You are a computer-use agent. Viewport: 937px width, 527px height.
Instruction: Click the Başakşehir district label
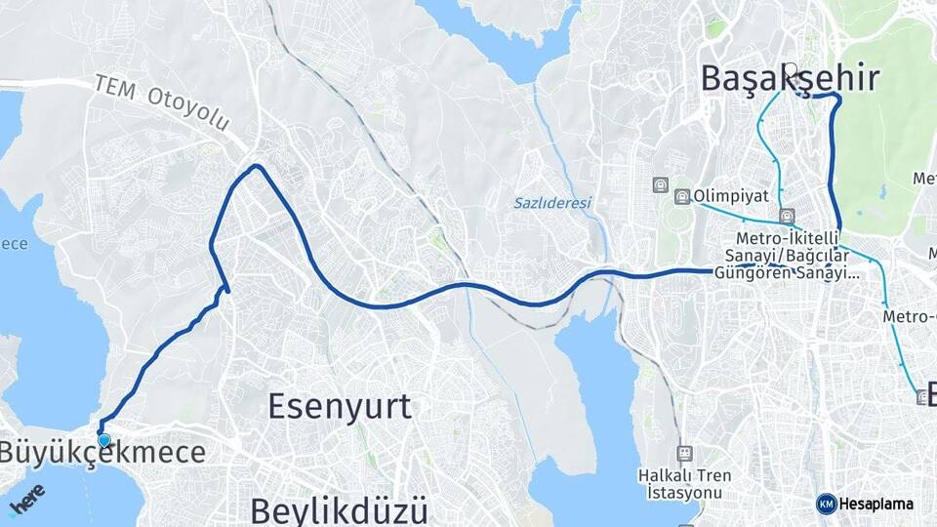pos(790,79)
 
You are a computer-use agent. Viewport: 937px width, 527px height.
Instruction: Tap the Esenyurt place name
pos(339,406)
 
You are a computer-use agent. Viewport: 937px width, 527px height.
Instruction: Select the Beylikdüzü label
pos(339,509)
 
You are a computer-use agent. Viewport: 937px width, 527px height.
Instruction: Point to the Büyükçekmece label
pos(102,453)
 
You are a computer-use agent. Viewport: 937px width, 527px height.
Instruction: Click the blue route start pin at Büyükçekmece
pos(103,439)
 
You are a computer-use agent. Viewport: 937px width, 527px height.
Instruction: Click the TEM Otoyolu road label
pos(161,102)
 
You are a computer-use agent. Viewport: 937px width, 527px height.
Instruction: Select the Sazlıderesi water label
pos(552,203)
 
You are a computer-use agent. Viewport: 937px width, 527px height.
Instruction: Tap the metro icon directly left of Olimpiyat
pos(681,196)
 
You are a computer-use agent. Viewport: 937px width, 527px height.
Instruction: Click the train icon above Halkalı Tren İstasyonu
pos(685,453)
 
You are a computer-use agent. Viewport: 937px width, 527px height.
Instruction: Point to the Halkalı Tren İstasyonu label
pos(685,483)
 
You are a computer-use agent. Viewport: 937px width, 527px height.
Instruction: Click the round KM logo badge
pos(826,504)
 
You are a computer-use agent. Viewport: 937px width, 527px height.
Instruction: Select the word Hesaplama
pos(876,505)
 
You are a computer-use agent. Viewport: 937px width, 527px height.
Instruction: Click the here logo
pos(26,499)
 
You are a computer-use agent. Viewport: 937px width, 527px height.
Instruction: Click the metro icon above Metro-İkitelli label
pos(787,216)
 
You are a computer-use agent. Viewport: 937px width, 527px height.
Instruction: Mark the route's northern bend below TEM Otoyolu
pos(257,167)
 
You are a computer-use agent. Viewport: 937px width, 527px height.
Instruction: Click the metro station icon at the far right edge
pos(923,396)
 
